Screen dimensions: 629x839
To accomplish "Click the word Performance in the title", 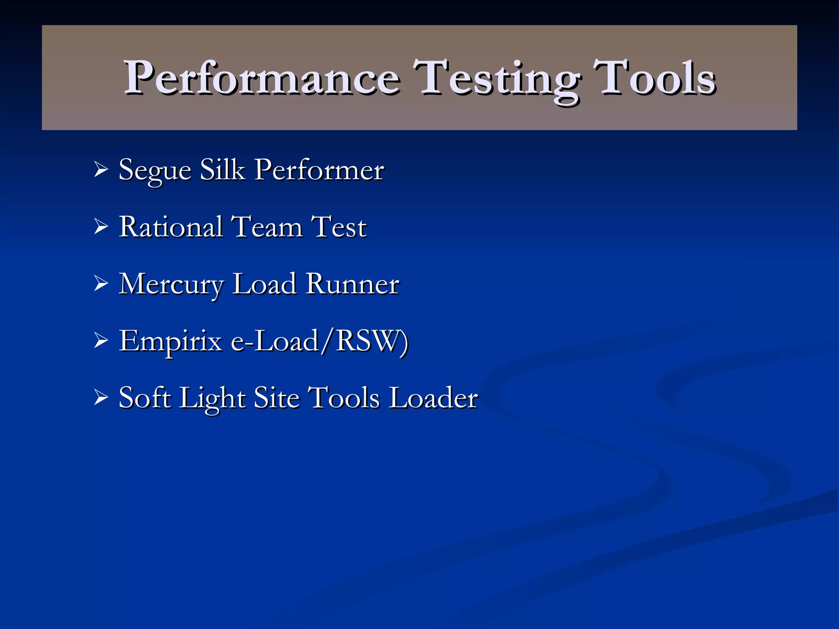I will click(x=262, y=78).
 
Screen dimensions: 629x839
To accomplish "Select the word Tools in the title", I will click(x=654, y=78).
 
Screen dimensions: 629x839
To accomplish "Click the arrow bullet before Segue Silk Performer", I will click(x=101, y=169).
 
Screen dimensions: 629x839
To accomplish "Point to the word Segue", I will click(x=155, y=170).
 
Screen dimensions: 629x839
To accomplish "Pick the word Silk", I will click(x=222, y=169).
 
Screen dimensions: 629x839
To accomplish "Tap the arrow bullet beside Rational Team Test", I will click(x=101, y=226).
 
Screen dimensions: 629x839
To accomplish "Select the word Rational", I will click(x=171, y=226).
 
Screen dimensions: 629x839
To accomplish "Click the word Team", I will click(x=267, y=226).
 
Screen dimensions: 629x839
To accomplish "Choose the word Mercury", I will click(x=172, y=284).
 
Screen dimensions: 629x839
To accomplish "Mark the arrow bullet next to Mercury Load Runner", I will click(x=101, y=283).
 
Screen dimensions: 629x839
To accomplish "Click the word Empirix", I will click(x=170, y=341).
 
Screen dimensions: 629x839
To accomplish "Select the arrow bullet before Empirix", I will click(x=101, y=340).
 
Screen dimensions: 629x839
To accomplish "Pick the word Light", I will click(x=212, y=398).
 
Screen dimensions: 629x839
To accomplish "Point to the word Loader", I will click(x=433, y=397).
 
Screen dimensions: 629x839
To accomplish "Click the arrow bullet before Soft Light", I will click(x=101, y=397).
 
